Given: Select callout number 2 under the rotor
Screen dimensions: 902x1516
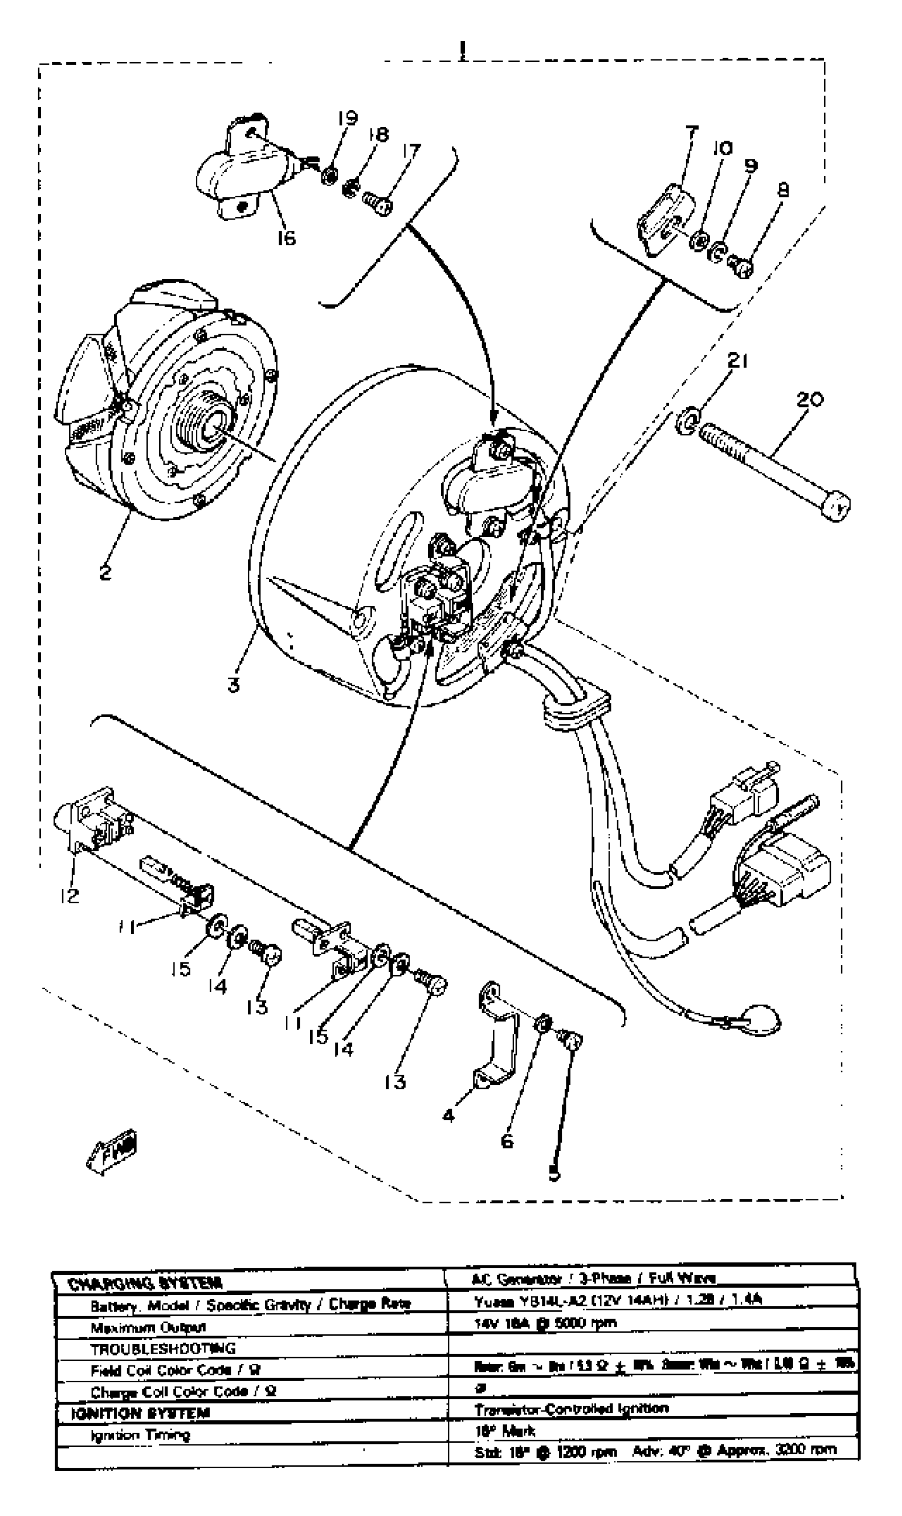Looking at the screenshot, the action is pyautogui.click(x=105, y=572).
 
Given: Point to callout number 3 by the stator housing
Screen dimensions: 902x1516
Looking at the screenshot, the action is pyautogui.click(x=234, y=685).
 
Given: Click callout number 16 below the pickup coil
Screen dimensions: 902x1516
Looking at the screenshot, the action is pyautogui.click(x=285, y=238).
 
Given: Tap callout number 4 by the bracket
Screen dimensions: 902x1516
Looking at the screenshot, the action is pyautogui.click(x=448, y=1116).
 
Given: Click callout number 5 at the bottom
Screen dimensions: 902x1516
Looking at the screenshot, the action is pyautogui.click(x=554, y=1174).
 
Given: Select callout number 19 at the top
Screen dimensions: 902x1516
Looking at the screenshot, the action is pyautogui.click(x=347, y=118).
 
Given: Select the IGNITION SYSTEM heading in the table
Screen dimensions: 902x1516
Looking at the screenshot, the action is pyautogui.click(x=141, y=1413).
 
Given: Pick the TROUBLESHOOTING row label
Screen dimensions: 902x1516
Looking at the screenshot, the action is pyautogui.click(x=162, y=1349).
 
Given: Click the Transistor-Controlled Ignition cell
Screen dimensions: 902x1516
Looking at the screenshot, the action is pyautogui.click(x=571, y=1409).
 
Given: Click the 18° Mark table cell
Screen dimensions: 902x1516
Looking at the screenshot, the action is pyautogui.click(x=505, y=1431).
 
